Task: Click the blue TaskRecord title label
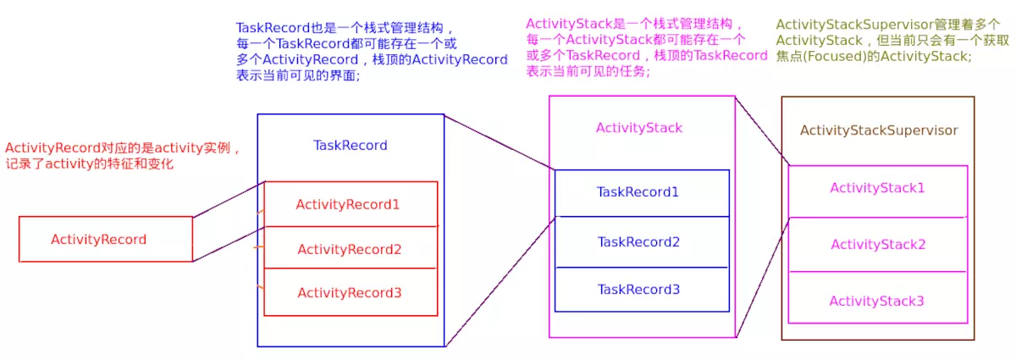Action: tap(350, 145)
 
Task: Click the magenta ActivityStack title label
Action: tap(638, 128)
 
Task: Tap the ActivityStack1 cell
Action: tap(877, 188)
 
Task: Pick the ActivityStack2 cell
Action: tap(877, 245)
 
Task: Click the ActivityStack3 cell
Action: tap(877, 301)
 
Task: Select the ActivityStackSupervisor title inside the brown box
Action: tap(879, 130)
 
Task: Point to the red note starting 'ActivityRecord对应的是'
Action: tap(124, 156)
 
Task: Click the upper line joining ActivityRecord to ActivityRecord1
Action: tap(229, 199)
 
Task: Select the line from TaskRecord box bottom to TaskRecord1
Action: tap(500, 282)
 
